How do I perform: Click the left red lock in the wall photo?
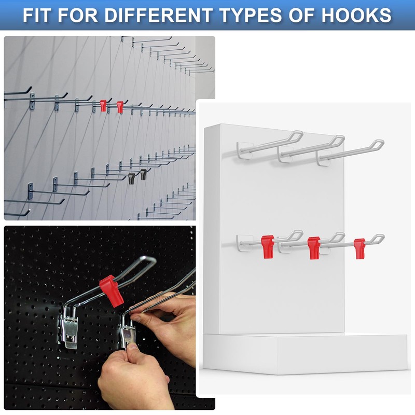pos(103,106)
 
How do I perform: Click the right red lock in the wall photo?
pos(120,107)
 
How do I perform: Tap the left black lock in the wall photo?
pos(131,178)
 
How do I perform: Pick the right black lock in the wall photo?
pos(143,175)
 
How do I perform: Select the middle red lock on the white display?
pos(314,246)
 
